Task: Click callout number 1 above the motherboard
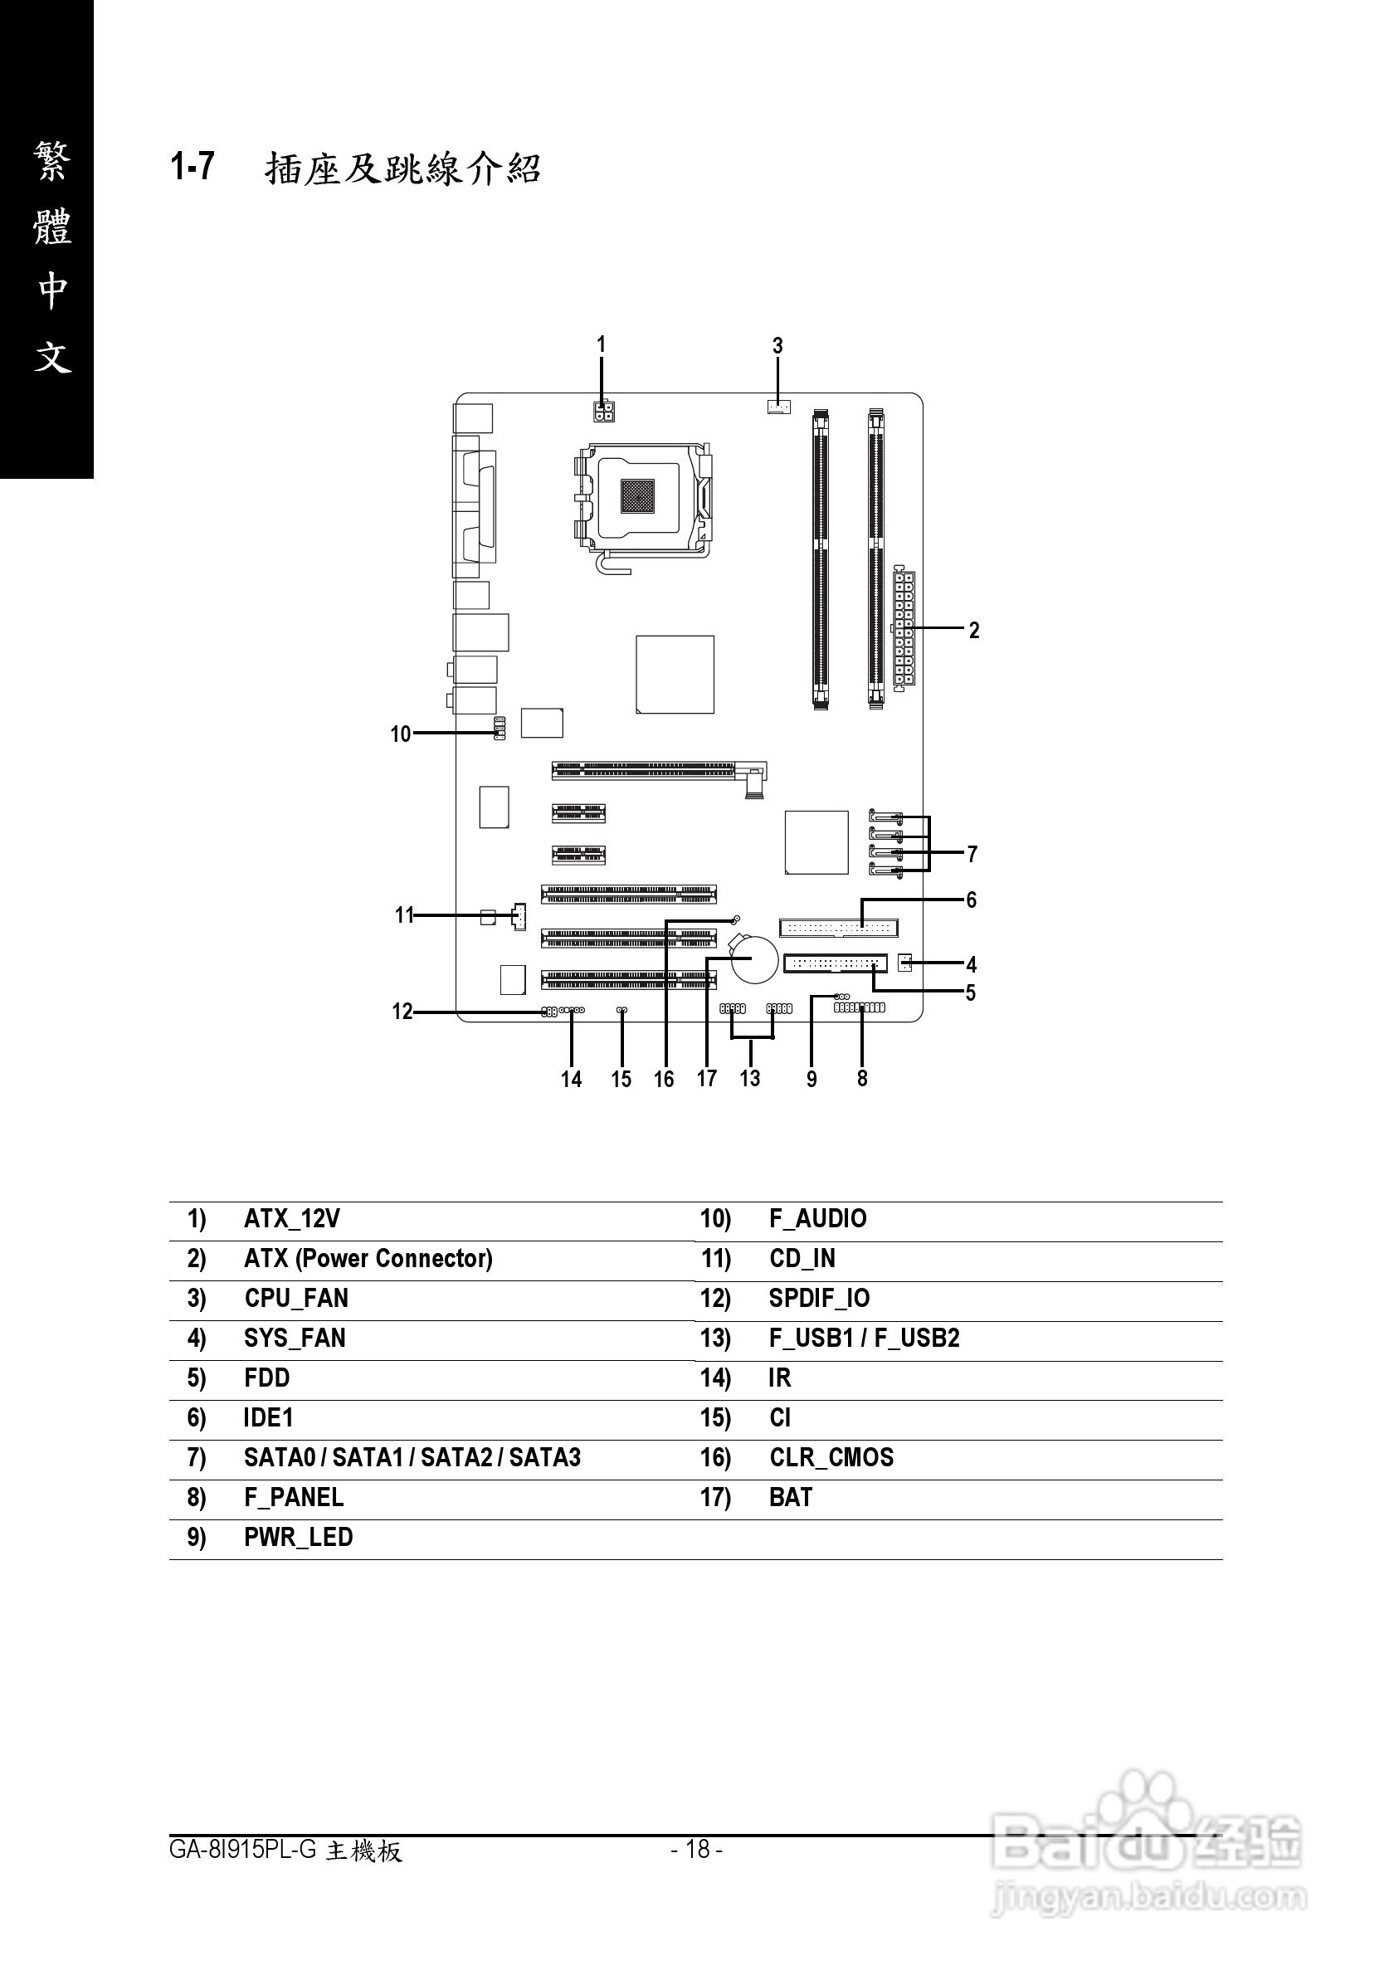(601, 345)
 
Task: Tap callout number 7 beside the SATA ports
(972, 854)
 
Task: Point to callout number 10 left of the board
(401, 734)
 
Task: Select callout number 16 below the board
(664, 1080)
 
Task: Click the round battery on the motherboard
(755, 960)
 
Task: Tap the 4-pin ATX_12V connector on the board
(603, 410)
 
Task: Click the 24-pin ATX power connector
(903, 629)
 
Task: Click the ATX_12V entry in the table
(292, 1219)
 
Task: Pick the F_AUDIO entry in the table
(818, 1219)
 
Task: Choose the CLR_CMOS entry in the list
(831, 1457)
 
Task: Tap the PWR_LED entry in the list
(299, 1537)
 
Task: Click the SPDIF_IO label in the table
(820, 1298)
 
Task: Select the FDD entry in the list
(266, 1378)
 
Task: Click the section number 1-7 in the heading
(193, 167)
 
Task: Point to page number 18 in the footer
(696, 1849)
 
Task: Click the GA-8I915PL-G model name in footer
(243, 1850)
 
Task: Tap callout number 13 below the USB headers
(750, 1079)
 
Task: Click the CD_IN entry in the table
(802, 1259)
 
